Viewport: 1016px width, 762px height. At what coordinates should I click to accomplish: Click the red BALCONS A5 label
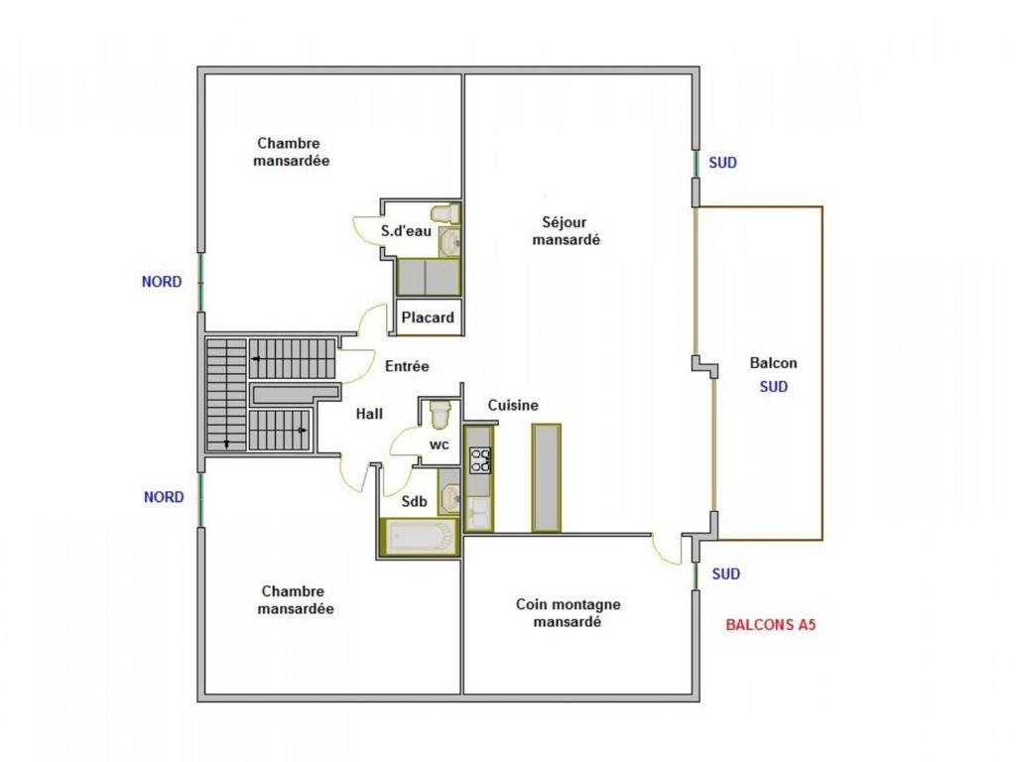(770, 625)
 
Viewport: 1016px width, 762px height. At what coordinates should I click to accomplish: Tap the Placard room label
(428, 317)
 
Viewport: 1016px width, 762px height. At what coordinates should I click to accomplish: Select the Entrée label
(407, 366)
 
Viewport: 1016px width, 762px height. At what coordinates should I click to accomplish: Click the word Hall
(369, 414)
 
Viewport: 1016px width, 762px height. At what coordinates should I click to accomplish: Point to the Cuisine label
(513, 405)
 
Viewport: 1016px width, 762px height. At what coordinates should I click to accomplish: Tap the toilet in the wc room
(441, 414)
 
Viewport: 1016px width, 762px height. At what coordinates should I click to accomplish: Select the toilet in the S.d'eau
(445, 213)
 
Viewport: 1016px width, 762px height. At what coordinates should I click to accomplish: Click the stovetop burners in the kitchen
(480, 460)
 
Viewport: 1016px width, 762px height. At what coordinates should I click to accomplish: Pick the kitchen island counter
(547, 478)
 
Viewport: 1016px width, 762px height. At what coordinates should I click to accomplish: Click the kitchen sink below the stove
(478, 513)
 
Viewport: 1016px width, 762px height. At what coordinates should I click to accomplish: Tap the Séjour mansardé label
(566, 230)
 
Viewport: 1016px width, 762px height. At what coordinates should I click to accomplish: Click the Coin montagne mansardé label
(569, 613)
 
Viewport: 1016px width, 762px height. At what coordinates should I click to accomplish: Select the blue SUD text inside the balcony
(774, 387)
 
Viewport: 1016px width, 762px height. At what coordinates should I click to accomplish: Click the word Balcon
(774, 363)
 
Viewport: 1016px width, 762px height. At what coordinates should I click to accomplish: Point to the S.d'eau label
(406, 230)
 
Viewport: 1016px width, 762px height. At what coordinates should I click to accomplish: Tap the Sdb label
(414, 501)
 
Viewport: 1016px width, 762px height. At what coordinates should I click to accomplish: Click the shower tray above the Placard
(429, 278)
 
